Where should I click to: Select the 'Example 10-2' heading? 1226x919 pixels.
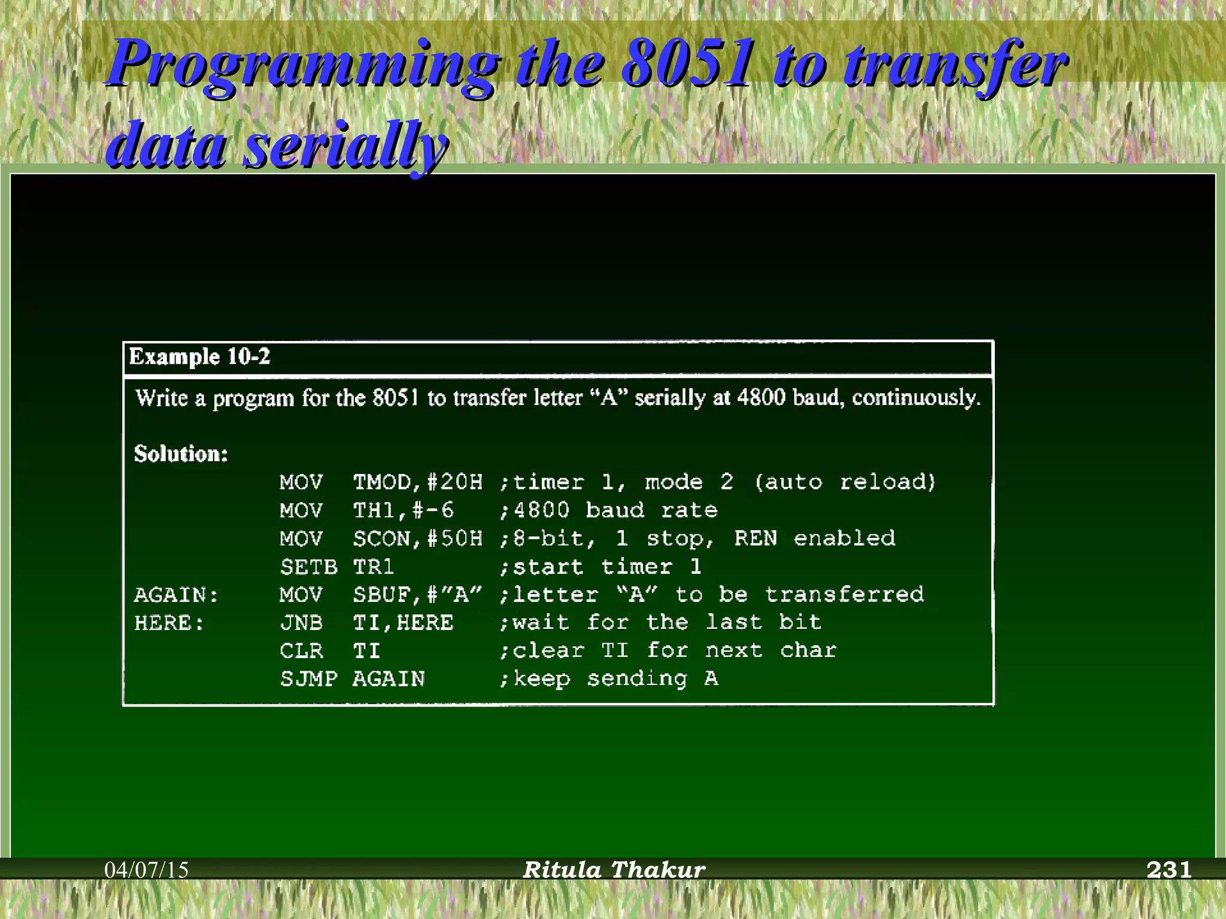pos(200,357)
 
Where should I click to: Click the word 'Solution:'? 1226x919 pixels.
pos(181,454)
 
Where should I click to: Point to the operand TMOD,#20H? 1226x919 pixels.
pos(417,482)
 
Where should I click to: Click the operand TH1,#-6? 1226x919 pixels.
pos(403,510)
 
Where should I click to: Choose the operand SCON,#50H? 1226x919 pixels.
pos(417,538)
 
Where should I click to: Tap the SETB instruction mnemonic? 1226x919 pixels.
pos(308,567)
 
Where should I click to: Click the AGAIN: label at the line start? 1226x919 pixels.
pos(177,595)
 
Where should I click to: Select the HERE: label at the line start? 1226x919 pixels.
pos(169,623)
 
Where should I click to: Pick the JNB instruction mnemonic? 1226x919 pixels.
pos(301,623)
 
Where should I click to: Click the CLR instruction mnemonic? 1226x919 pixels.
pos(301,651)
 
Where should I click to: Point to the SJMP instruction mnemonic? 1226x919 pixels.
pos(308,679)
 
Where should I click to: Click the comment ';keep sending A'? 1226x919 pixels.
pos(609,679)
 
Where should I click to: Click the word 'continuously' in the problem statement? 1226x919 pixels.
pos(916,398)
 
